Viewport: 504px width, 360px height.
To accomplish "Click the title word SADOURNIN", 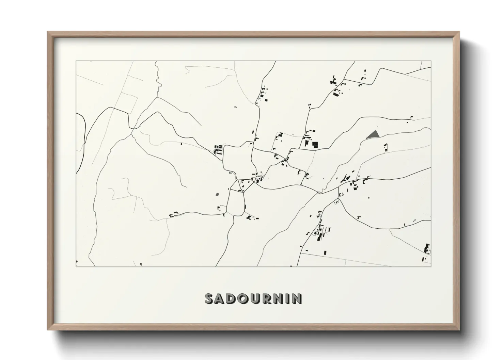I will point(253,298).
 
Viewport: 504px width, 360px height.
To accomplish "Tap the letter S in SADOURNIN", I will point(209,298).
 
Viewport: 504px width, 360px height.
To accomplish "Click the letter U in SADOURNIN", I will point(254,298).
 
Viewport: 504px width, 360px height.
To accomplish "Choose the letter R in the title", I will point(265,298).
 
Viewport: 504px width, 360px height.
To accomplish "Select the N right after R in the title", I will point(276,298).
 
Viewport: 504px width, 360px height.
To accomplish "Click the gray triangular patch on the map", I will point(373,134).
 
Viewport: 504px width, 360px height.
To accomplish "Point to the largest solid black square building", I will point(315,145).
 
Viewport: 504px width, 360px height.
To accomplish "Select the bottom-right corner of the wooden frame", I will point(459,329).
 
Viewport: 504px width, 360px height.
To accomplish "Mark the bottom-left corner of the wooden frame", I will point(48,329).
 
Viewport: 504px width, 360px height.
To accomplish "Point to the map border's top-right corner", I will point(431,61).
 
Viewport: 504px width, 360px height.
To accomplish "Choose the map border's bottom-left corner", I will point(76,266).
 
